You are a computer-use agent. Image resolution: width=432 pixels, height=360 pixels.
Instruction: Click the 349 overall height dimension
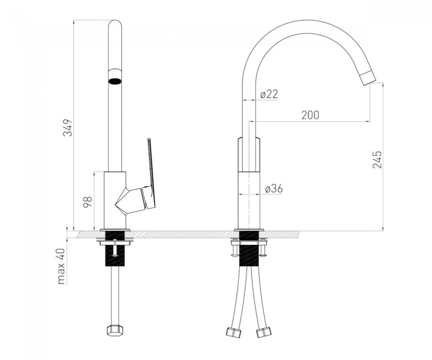68,127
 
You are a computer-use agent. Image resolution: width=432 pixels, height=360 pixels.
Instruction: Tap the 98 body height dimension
88,202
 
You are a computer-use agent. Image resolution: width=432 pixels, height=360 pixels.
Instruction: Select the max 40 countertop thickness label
61,266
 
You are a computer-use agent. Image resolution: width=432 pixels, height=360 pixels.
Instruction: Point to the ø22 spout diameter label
269,95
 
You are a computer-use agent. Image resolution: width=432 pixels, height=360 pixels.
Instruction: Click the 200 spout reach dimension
310,115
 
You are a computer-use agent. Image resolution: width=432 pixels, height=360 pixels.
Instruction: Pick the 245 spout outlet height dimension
377,160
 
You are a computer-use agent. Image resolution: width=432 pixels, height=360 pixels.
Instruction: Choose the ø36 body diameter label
274,189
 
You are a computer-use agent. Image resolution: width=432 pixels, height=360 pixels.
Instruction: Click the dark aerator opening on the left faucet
115,81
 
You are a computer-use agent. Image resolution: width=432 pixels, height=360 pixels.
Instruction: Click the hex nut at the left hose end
115,330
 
